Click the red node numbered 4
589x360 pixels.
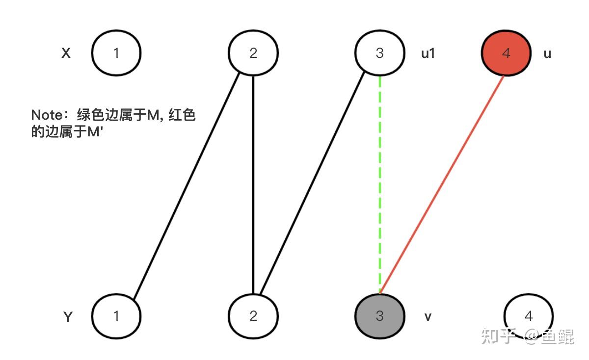pyautogui.click(x=506, y=53)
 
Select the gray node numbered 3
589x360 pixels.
pyautogui.click(x=379, y=316)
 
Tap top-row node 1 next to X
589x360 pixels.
pyautogui.click(x=116, y=53)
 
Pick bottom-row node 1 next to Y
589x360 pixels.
pyautogui.click(x=116, y=316)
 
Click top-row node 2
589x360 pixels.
pyautogui.click(x=253, y=53)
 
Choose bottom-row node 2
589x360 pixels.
pyautogui.click(x=253, y=316)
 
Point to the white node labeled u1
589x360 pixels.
pyautogui.click(x=379, y=53)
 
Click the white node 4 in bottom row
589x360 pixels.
pyautogui.click(x=529, y=316)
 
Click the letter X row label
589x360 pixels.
pyautogui.click(x=66, y=53)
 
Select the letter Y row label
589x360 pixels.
pyautogui.click(x=68, y=317)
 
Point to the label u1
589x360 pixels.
pyautogui.click(x=428, y=53)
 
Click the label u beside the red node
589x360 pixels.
pyautogui.click(x=547, y=53)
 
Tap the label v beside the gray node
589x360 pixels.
pyautogui.click(x=428, y=317)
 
